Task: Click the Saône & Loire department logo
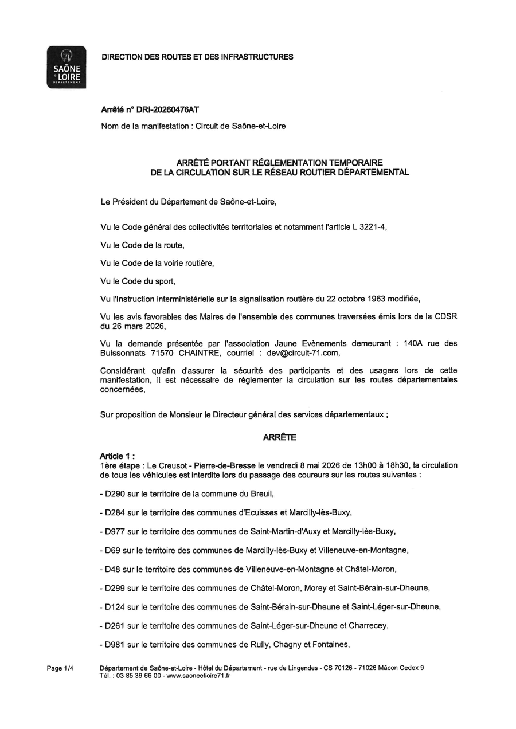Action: [x=66, y=67]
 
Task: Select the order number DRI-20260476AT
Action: [x=167, y=110]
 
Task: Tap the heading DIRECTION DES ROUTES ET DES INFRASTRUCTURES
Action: [x=197, y=57]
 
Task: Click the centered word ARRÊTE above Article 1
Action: [x=280, y=437]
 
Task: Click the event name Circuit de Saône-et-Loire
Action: [x=241, y=126]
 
